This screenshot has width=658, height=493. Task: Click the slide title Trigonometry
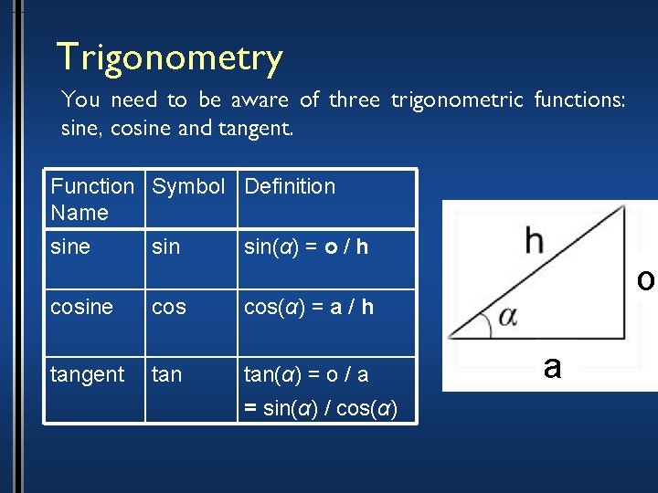[x=169, y=58]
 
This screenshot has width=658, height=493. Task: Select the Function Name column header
[x=92, y=199]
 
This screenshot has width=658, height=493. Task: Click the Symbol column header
[x=188, y=187]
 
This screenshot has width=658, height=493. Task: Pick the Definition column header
[x=290, y=187]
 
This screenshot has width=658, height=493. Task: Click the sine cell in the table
[x=70, y=246]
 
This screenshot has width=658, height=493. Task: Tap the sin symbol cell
[x=165, y=246]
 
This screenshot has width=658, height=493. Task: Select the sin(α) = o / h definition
[x=306, y=246]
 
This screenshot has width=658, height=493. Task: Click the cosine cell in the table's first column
[x=82, y=308]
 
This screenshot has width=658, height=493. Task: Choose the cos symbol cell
[x=169, y=308]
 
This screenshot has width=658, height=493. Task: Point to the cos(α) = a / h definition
[x=308, y=308]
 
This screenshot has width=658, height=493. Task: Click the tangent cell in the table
[x=87, y=374]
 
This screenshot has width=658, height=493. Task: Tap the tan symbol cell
[x=166, y=374]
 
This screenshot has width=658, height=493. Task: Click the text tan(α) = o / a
[x=305, y=374]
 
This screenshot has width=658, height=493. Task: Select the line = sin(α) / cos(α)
[x=320, y=407]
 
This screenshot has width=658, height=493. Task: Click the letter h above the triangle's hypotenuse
[x=535, y=242]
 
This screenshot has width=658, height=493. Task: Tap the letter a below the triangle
[x=551, y=366]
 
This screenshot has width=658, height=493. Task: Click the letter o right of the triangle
[x=645, y=280]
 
